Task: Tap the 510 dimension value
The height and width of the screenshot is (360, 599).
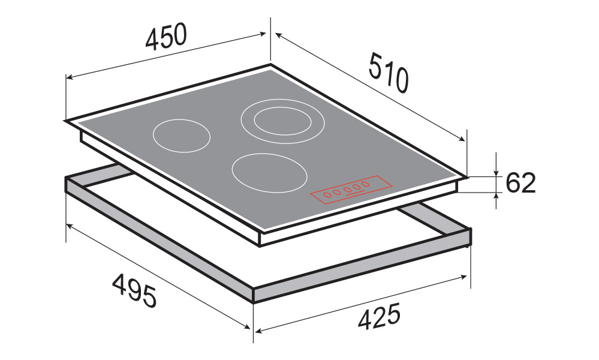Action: point(389,73)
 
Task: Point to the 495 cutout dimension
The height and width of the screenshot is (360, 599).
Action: point(134,290)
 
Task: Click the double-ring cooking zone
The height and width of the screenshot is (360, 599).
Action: point(282,121)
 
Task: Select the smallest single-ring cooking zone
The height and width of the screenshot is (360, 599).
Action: point(182,136)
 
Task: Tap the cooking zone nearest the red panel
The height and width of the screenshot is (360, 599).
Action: point(269,173)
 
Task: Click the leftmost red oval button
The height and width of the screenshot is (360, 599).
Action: point(328,195)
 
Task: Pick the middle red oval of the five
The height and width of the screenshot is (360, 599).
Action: point(347,190)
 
